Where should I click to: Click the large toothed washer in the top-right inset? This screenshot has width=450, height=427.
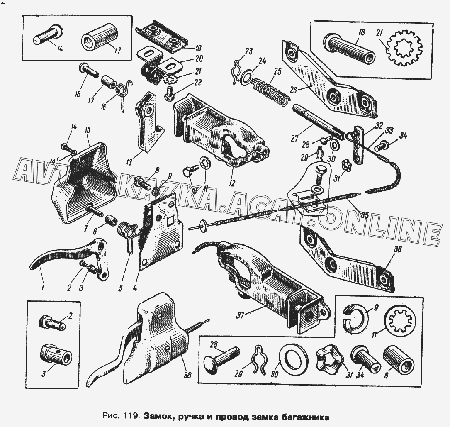[404, 51]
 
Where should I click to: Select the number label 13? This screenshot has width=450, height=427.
[129, 162]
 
